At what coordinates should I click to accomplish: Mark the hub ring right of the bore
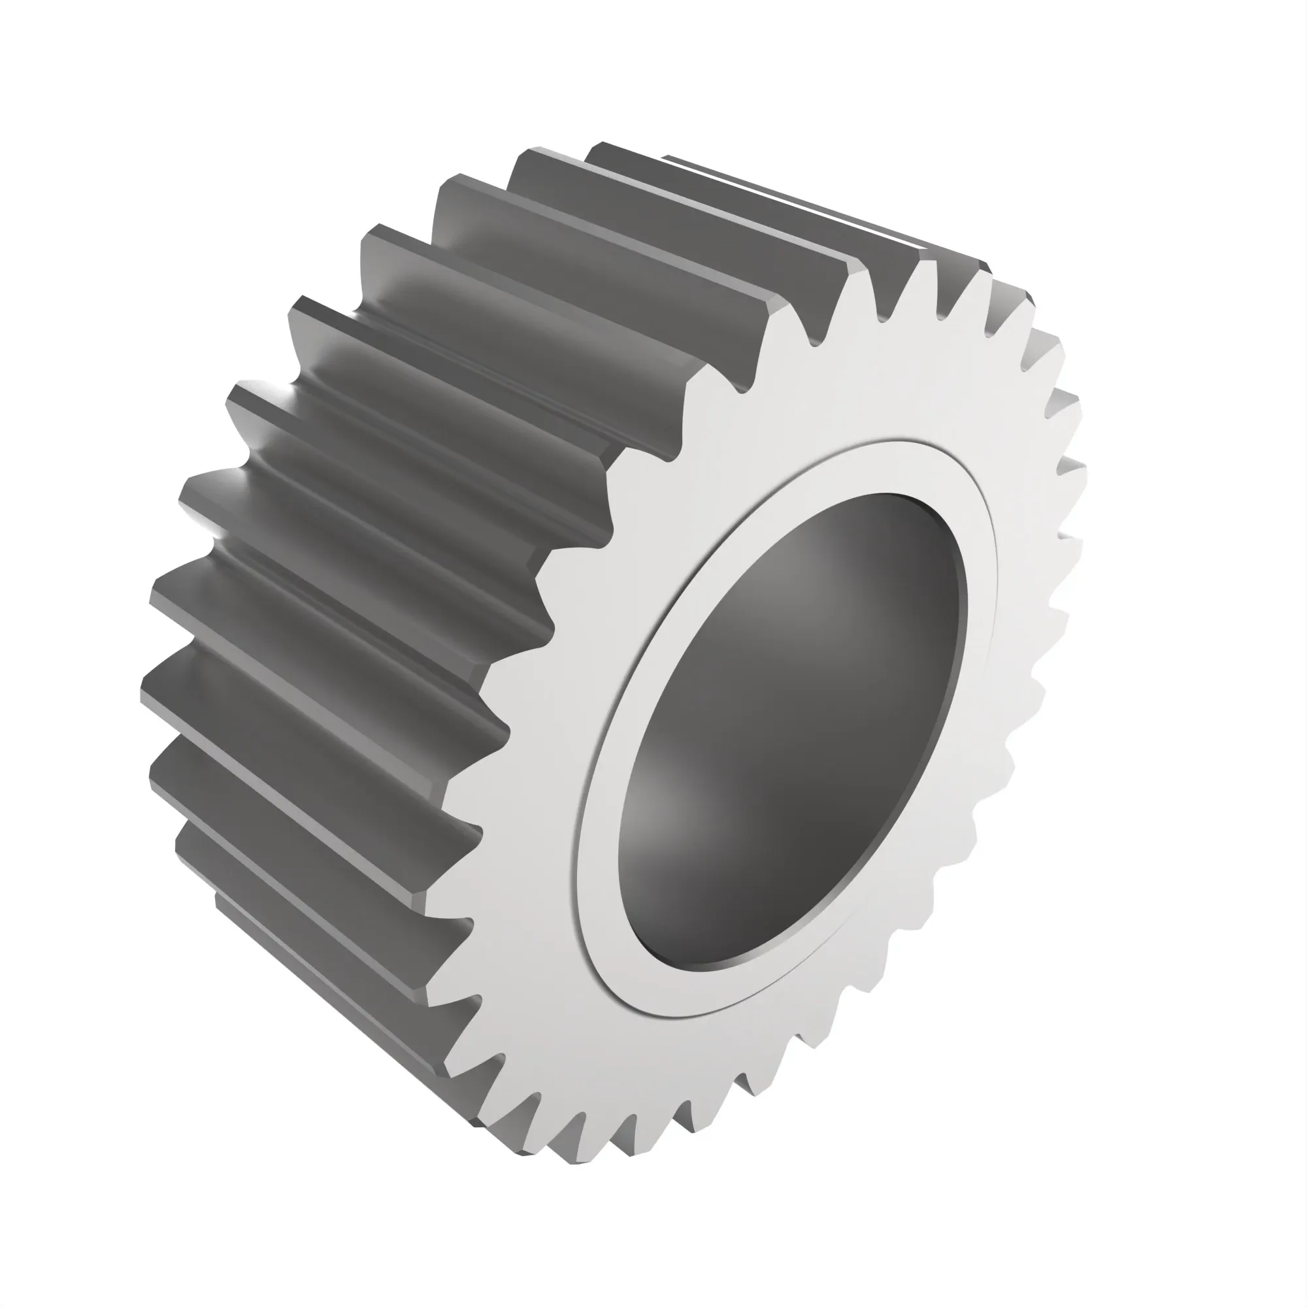981,609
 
